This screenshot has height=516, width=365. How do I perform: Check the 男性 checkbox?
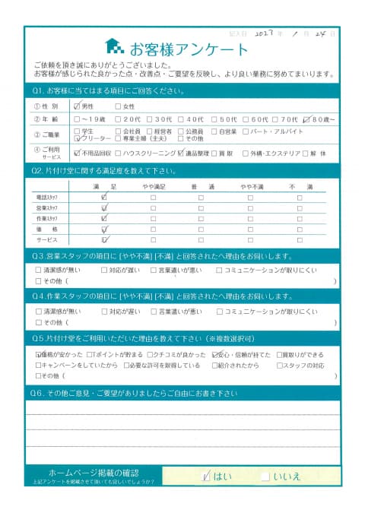tap(77, 106)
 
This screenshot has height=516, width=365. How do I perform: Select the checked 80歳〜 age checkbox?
tap(306, 119)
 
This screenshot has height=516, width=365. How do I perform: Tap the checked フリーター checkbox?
tap(77, 140)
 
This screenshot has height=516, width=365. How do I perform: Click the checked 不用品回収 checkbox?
tap(77, 153)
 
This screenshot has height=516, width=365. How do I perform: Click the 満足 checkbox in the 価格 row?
tap(104, 228)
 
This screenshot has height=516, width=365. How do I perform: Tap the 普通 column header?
tap(201, 185)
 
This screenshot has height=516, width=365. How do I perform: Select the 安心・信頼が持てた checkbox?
tap(216, 354)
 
